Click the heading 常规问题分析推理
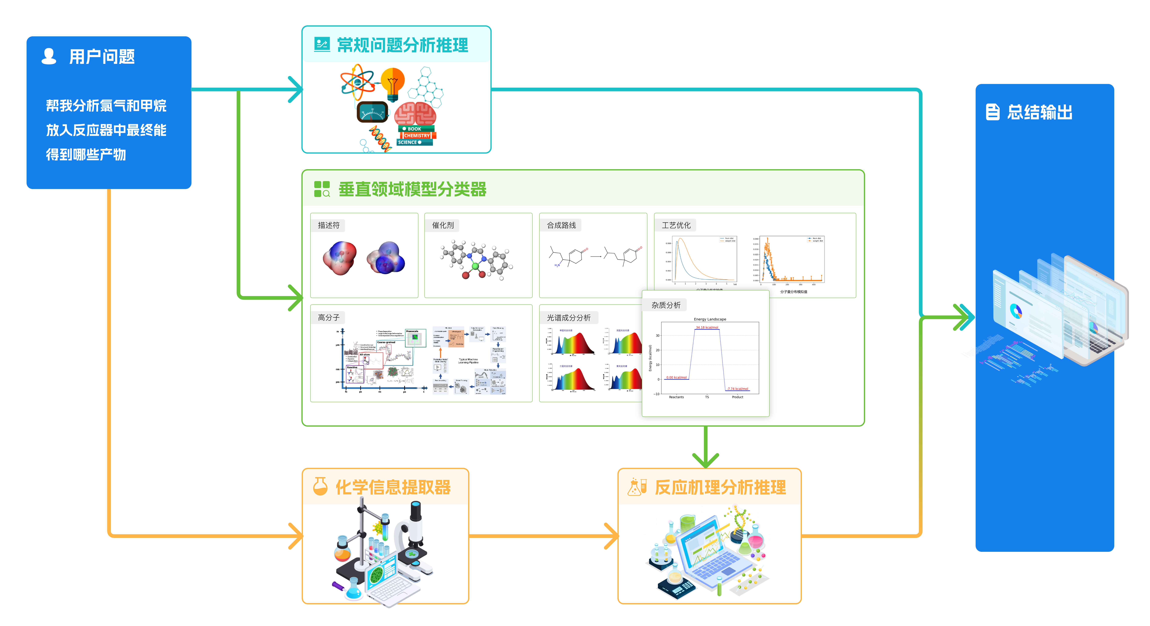(x=402, y=45)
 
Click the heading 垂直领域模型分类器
(x=412, y=189)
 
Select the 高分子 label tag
(x=329, y=317)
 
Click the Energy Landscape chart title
(x=710, y=319)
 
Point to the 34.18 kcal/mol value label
(x=707, y=327)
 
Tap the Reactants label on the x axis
(x=676, y=397)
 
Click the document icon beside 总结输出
(x=992, y=112)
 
